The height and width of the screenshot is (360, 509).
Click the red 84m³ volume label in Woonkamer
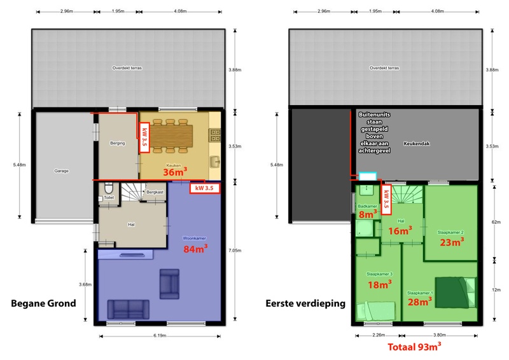click(x=195, y=249)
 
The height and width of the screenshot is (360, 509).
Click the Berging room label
click(x=117, y=144)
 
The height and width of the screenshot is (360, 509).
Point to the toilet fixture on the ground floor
click(x=108, y=190)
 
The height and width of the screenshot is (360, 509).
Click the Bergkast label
click(x=155, y=191)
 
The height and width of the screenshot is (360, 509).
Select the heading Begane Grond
click(x=43, y=303)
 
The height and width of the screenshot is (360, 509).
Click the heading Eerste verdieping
click(x=305, y=303)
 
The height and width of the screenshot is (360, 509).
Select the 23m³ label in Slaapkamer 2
click(x=451, y=241)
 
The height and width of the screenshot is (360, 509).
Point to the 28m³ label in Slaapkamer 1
click(x=421, y=301)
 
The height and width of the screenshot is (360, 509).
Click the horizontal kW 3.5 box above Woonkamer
click(x=205, y=188)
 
